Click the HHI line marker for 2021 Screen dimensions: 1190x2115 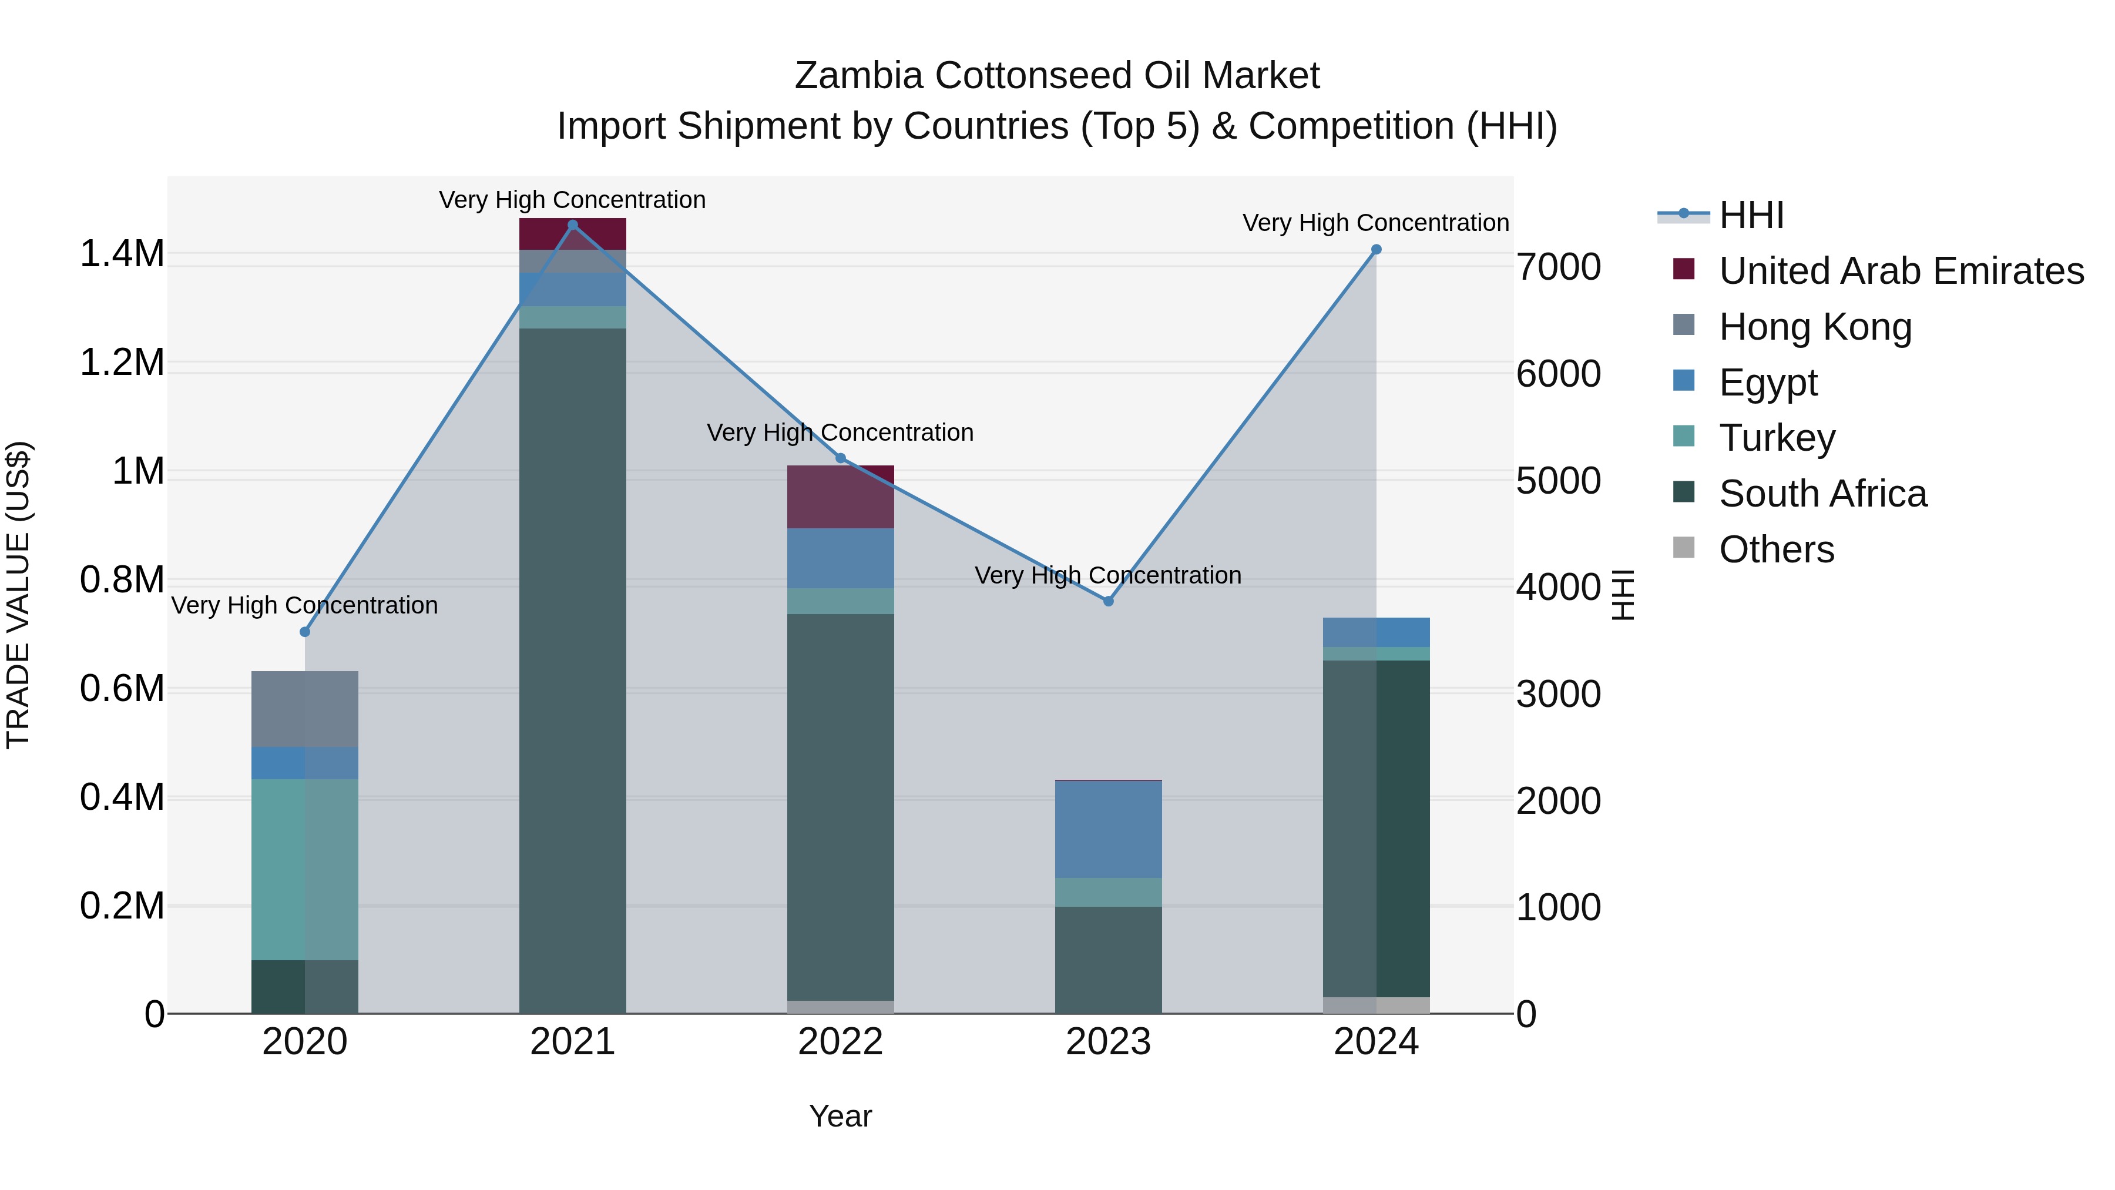click(573, 225)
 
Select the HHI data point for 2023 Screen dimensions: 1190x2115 click(1109, 601)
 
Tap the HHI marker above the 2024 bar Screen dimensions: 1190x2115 click(1376, 250)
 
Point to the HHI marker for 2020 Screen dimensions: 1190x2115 click(304, 632)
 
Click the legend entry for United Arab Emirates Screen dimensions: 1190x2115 click(1901, 271)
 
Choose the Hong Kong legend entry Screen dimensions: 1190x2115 click(1815, 327)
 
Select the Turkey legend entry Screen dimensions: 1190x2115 click(1777, 438)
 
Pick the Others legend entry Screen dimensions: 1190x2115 click(1776, 549)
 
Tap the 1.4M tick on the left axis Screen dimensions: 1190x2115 click(122, 254)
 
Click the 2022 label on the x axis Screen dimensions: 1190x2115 click(840, 1042)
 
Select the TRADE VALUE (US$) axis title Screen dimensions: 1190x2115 click(18, 595)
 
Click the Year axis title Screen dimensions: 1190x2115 click(840, 1116)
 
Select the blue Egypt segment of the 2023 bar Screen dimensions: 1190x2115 click(1109, 829)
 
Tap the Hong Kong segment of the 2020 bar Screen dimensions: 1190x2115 click(304, 709)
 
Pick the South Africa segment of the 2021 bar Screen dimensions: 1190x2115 click(573, 669)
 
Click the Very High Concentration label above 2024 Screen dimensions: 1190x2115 click(1375, 223)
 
